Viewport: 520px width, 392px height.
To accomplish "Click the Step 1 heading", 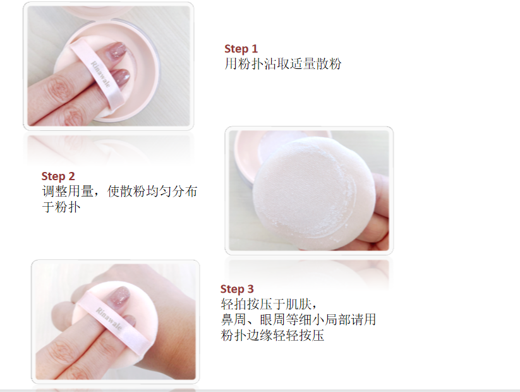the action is (x=241, y=49).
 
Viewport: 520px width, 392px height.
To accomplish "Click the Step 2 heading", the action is (x=58, y=176).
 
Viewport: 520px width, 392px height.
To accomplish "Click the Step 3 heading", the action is (x=237, y=289).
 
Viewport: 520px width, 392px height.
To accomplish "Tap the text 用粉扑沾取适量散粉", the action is (x=283, y=64).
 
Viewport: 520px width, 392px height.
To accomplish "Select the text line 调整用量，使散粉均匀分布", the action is (x=119, y=192).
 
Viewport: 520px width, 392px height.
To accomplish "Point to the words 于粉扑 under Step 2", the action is (x=61, y=207).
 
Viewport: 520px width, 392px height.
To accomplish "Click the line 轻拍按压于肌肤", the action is (x=269, y=303).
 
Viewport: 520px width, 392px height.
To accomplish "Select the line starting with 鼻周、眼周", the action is (x=298, y=319).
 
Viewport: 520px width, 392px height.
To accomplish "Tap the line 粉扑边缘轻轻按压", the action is (x=272, y=335).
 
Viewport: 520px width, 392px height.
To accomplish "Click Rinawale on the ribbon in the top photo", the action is (x=100, y=75).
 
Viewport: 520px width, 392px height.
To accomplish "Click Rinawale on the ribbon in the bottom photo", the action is (x=109, y=319).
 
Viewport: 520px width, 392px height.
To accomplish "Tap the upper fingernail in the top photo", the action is (x=118, y=51).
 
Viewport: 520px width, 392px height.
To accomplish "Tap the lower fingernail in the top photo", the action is (x=119, y=76).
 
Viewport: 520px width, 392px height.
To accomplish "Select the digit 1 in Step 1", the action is (x=255, y=49).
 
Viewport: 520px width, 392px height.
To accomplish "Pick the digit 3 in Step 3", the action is (x=250, y=289).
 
